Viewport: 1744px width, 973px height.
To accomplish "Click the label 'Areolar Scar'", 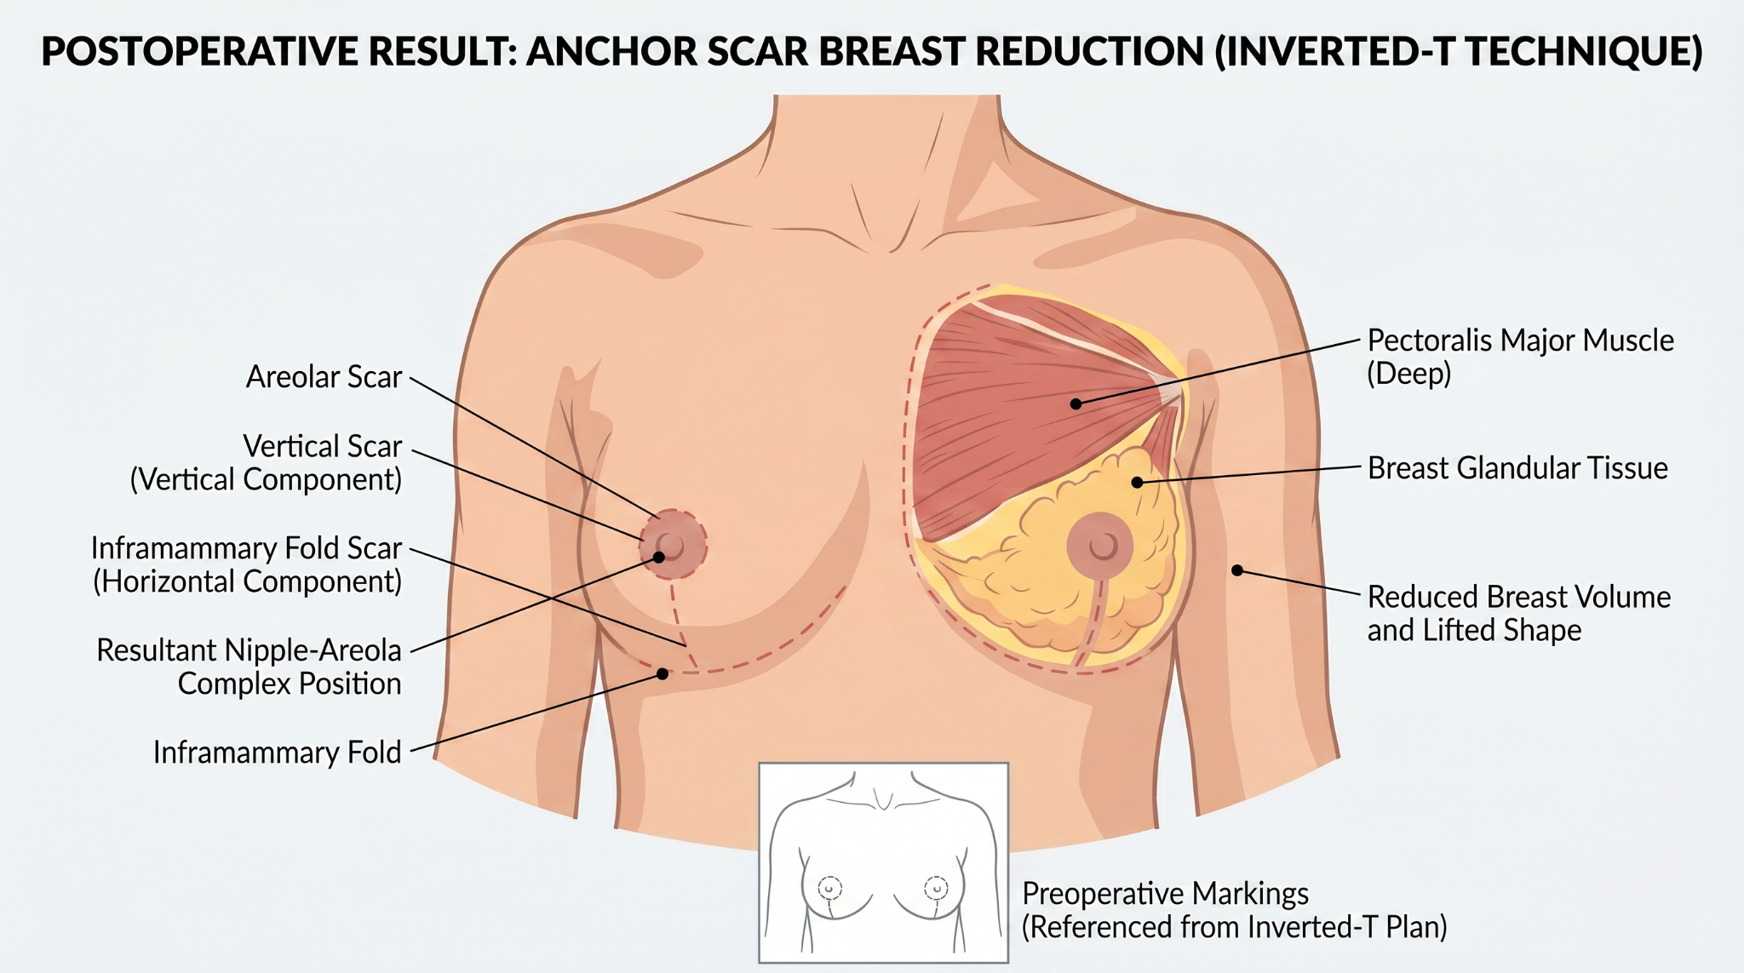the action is pyautogui.click(x=324, y=376).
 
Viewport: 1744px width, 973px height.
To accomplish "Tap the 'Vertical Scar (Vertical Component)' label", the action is pyautogui.click(x=266, y=462).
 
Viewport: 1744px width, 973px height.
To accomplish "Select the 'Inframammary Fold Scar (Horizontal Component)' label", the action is pyautogui.click(x=246, y=564).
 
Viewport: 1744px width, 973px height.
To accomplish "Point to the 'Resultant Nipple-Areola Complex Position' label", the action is pyautogui.click(x=249, y=667).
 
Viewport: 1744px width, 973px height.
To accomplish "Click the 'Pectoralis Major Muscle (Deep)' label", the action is pyautogui.click(x=1520, y=357).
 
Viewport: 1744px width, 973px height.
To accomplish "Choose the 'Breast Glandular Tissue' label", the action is pyautogui.click(x=1517, y=468).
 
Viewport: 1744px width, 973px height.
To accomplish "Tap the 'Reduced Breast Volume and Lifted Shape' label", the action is pyautogui.click(x=1519, y=613).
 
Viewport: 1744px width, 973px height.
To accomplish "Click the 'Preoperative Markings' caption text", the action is pyautogui.click(x=1165, y=894).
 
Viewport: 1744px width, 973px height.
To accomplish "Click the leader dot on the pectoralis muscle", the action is pyautogui.click(x=1076, y=404).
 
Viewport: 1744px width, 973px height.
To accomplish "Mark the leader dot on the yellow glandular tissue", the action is pyautogui.click(x=1137, y=483).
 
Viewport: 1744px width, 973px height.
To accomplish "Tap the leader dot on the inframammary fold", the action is pyautogui.click(x=663, y=674).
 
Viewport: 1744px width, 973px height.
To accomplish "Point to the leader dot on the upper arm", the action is pyautogui.click(x=1237, y=570).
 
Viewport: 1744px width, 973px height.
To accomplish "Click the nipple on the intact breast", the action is pyautogui.click(x=671, y=546).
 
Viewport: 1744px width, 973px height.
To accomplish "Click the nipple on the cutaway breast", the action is pyautogui.click(x=1104, y=546).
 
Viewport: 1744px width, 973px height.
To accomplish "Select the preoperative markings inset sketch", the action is pyautogui.click(x=883, y=862).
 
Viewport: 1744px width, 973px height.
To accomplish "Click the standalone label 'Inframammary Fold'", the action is pyautogui.click(x=277, y=753).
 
